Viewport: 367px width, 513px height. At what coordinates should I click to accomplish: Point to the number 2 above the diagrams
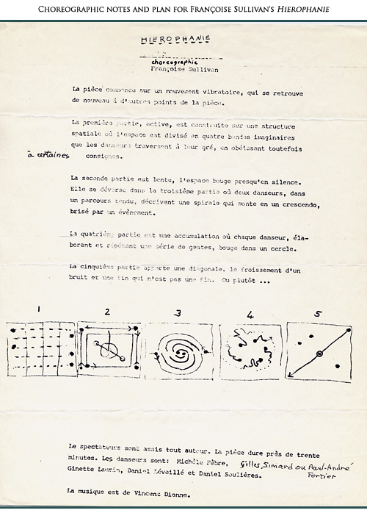click(107, 312)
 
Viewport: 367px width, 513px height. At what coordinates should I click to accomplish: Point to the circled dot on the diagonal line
click(319, 356)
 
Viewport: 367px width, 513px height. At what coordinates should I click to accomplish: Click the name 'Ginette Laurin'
click(90, 476)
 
